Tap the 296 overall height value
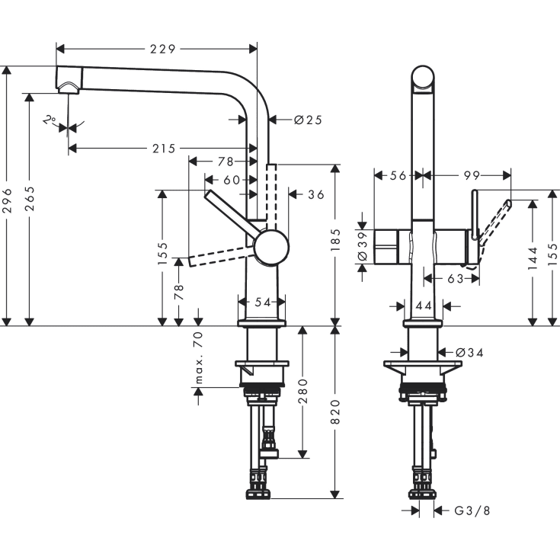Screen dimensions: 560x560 point(8,196)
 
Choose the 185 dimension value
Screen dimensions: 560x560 point(336,245)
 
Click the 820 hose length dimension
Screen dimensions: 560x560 point(336,412)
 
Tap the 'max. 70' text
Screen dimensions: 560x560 point(199,358)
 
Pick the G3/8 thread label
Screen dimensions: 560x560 point(472,510)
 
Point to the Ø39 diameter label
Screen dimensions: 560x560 point(363,245)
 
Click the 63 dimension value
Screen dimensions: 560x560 point(456,280)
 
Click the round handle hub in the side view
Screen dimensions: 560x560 point(271,248)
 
